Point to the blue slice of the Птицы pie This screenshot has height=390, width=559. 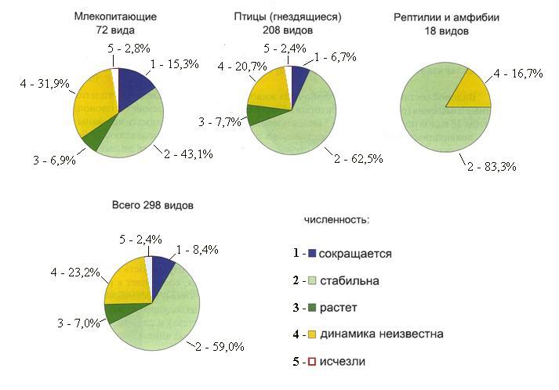coord(298,78)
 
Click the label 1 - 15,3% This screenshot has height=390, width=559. coord(175,64)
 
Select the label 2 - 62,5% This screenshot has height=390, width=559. coord(358,158)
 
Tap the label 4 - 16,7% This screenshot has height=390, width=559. coord(518,74)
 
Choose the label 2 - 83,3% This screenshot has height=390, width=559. coord(492,166)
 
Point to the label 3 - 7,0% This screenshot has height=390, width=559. coord(78,323)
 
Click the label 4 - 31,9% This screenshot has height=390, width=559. coord(45,84)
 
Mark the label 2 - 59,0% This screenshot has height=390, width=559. coord(220,347)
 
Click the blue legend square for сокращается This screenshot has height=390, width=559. coord(312,253)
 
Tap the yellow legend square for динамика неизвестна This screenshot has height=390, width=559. coord(312,334)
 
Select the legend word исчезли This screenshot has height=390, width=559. coord(343,361)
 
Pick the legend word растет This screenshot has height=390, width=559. coord(338,308)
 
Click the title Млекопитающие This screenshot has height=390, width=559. coord(115,16)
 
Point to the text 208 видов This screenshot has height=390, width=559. coord(288,31)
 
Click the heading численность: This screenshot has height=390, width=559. coord(336,220)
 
